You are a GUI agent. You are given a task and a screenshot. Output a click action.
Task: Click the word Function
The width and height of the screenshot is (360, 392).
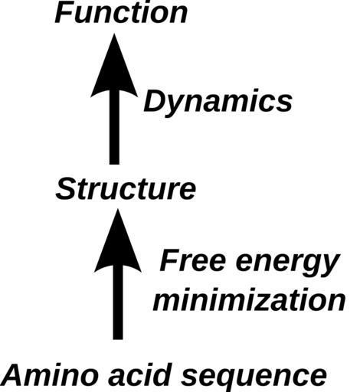point(121,13)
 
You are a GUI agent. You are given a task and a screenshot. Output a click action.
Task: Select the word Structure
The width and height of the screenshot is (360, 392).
point(126,189)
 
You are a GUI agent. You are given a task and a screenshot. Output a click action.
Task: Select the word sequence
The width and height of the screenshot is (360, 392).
point(254,377)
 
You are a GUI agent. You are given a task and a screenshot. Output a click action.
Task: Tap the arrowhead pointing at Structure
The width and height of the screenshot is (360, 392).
point(118,240)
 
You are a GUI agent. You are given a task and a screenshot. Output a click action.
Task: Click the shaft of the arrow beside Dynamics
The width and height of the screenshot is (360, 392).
point(114,128)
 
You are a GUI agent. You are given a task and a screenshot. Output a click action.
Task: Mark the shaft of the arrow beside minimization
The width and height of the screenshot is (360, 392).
point(118,302)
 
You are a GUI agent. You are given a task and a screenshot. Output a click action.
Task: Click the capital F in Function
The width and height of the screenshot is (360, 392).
point(64,13)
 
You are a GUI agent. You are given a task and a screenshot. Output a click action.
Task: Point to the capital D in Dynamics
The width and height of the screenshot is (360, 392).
point(155,102)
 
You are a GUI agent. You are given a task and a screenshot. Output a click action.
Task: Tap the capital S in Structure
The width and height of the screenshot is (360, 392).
point(67,189)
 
